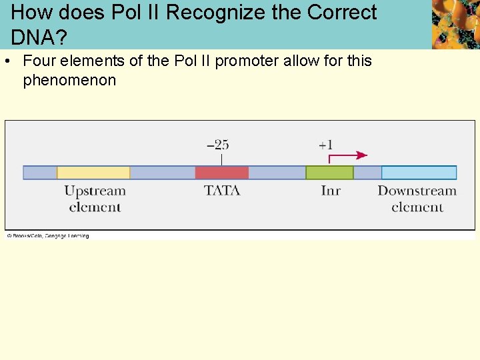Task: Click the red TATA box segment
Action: (221, 173)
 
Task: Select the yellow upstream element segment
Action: (93, 173)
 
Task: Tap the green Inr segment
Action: (329, 173)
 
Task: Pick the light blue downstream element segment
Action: (419, 173)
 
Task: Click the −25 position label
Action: (219, 145)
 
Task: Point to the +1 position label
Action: (326, 145)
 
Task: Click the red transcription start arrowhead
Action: (361, 155)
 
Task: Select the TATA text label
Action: (222, 191)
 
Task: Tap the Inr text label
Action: (331, 191)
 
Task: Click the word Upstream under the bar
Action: (95, 191)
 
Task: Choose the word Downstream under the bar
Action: (417, 191)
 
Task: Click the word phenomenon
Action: (69, 81)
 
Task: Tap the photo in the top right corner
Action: (455, 24)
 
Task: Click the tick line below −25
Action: (221, 159)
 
